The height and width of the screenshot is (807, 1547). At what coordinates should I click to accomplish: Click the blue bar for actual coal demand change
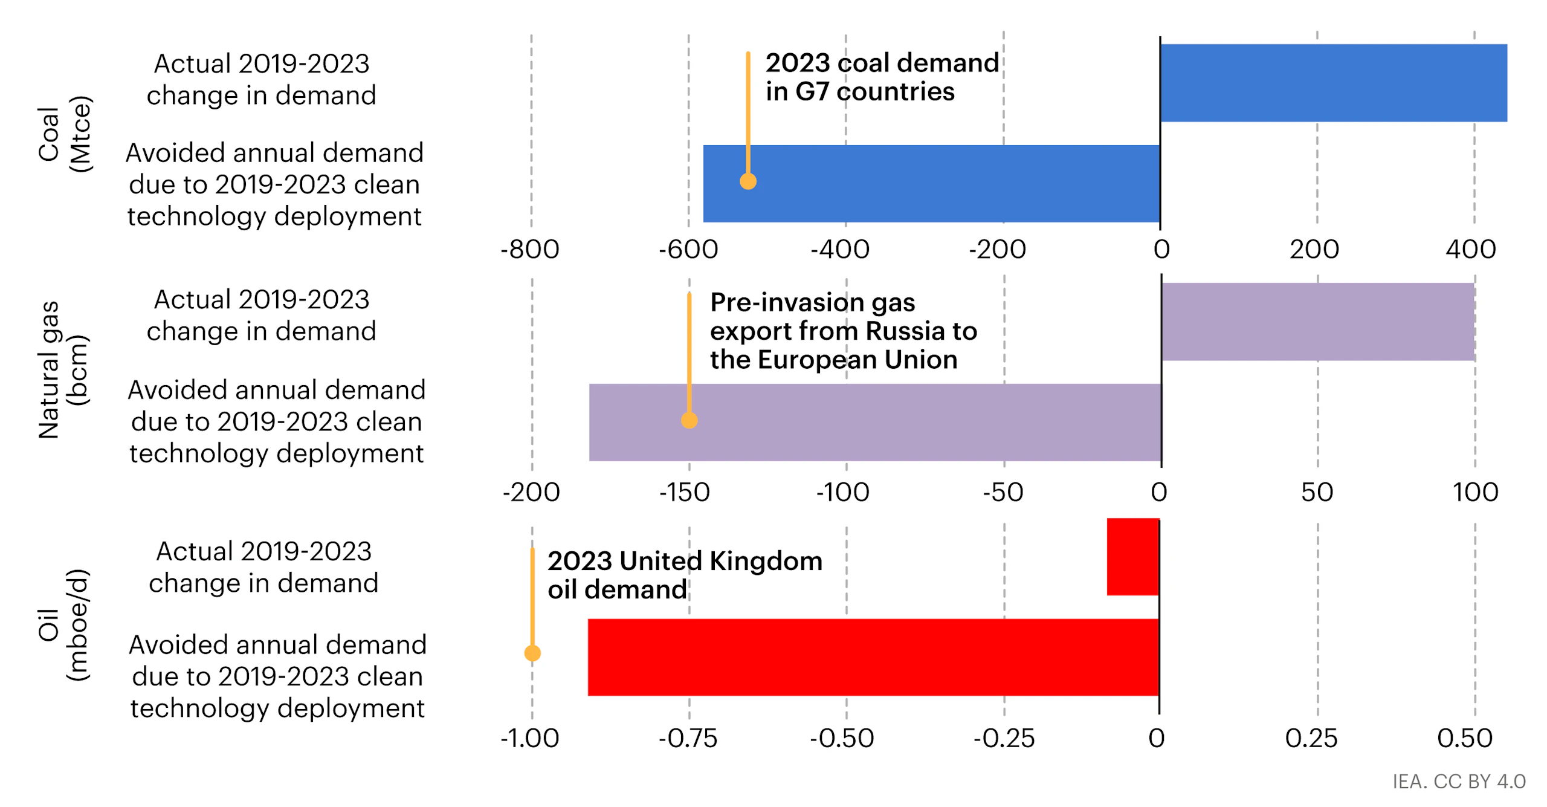(1332, 83)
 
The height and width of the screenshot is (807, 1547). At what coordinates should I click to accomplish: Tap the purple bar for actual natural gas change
(1317, 322)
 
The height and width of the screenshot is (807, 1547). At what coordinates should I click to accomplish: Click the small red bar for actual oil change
(1132, 557)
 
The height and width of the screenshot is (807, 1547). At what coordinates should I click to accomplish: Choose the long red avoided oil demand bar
(873, 657)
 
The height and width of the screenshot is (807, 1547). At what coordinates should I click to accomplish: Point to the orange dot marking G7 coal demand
(748, 181)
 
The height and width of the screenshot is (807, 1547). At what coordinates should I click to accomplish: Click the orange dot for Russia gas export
(690, 420)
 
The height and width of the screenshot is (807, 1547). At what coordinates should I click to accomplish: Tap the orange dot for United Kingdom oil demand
(532, 653)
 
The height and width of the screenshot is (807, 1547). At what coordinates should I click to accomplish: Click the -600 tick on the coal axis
(688, 250)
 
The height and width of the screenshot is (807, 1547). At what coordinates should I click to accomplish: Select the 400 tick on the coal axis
(1470, 250)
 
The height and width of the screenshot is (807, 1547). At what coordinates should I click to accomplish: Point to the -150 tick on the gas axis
(684, 492)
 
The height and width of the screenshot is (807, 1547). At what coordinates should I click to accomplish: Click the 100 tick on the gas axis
(1475, 492)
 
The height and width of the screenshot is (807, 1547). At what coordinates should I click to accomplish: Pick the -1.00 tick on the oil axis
(530, 738)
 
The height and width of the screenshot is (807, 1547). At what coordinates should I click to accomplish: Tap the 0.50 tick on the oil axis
(1465, 738)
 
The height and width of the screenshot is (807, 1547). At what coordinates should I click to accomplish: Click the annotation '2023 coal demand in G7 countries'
(881, 77)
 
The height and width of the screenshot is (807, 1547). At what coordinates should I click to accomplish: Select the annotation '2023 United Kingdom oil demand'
(684, 575)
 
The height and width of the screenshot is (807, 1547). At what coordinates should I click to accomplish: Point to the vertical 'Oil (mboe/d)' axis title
(63, 624)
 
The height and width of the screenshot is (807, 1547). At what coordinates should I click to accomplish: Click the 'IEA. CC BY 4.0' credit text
(1459, 782)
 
